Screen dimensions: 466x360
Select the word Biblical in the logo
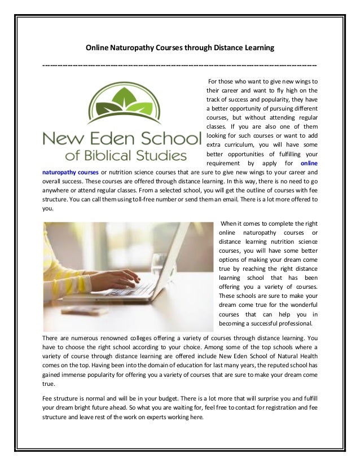coord(116,153)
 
